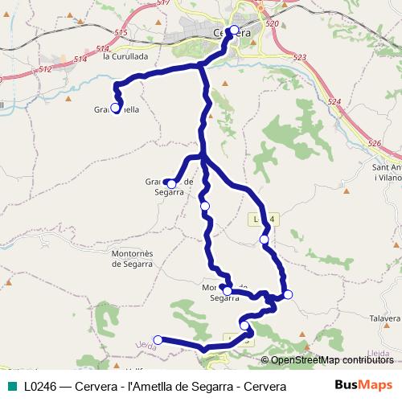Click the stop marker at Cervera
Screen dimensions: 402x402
click(x=234, y=31)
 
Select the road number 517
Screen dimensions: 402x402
click(x=164, y=3)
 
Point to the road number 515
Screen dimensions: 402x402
click(x=121, y=32)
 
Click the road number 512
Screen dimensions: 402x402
click(x=45, y=70)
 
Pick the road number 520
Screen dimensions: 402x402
click(x=271, y=25)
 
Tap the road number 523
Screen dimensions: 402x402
click(x=300, y=57)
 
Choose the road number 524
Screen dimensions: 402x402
click(x=334, y=102)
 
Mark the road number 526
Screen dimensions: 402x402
click(x=373, y=143)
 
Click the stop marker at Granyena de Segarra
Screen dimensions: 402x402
click(x=171, y=184)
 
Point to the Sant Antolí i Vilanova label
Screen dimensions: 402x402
click(x=387, y=172)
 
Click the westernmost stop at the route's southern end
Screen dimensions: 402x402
click(x=158, y=340)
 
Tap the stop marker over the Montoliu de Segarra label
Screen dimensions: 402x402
click(x=228, y=291)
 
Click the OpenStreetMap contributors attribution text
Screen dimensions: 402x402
click(x=331, y=360)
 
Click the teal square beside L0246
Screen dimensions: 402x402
click(x=10, y=386)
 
